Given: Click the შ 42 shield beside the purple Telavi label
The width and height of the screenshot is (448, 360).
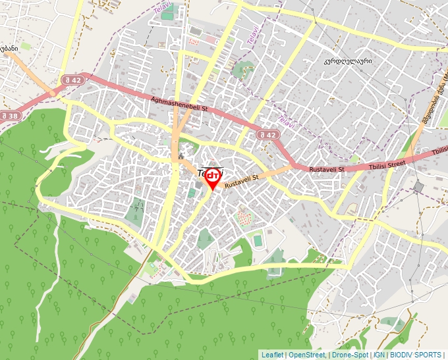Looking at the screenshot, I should [x=269, y=134].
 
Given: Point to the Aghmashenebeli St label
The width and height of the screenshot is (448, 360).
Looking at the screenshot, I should [x=179, y=105].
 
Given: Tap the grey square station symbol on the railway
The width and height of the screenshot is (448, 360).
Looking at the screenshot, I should [x=418, y=187].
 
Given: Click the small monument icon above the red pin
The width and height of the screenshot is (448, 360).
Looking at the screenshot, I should [x=181, y=156].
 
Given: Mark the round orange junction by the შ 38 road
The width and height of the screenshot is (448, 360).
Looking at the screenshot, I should [x=53, y=94].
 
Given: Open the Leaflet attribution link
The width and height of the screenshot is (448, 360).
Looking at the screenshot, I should [x=271, y=355].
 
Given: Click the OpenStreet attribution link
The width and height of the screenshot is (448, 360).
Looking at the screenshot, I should [x=306, y=355].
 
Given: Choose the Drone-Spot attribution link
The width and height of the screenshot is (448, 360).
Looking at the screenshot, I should [x=349, y=355].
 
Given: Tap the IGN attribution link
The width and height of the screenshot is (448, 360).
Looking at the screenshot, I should [x=379, y=355].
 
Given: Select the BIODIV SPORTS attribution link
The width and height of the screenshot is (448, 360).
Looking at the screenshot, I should [x=415, y=355].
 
